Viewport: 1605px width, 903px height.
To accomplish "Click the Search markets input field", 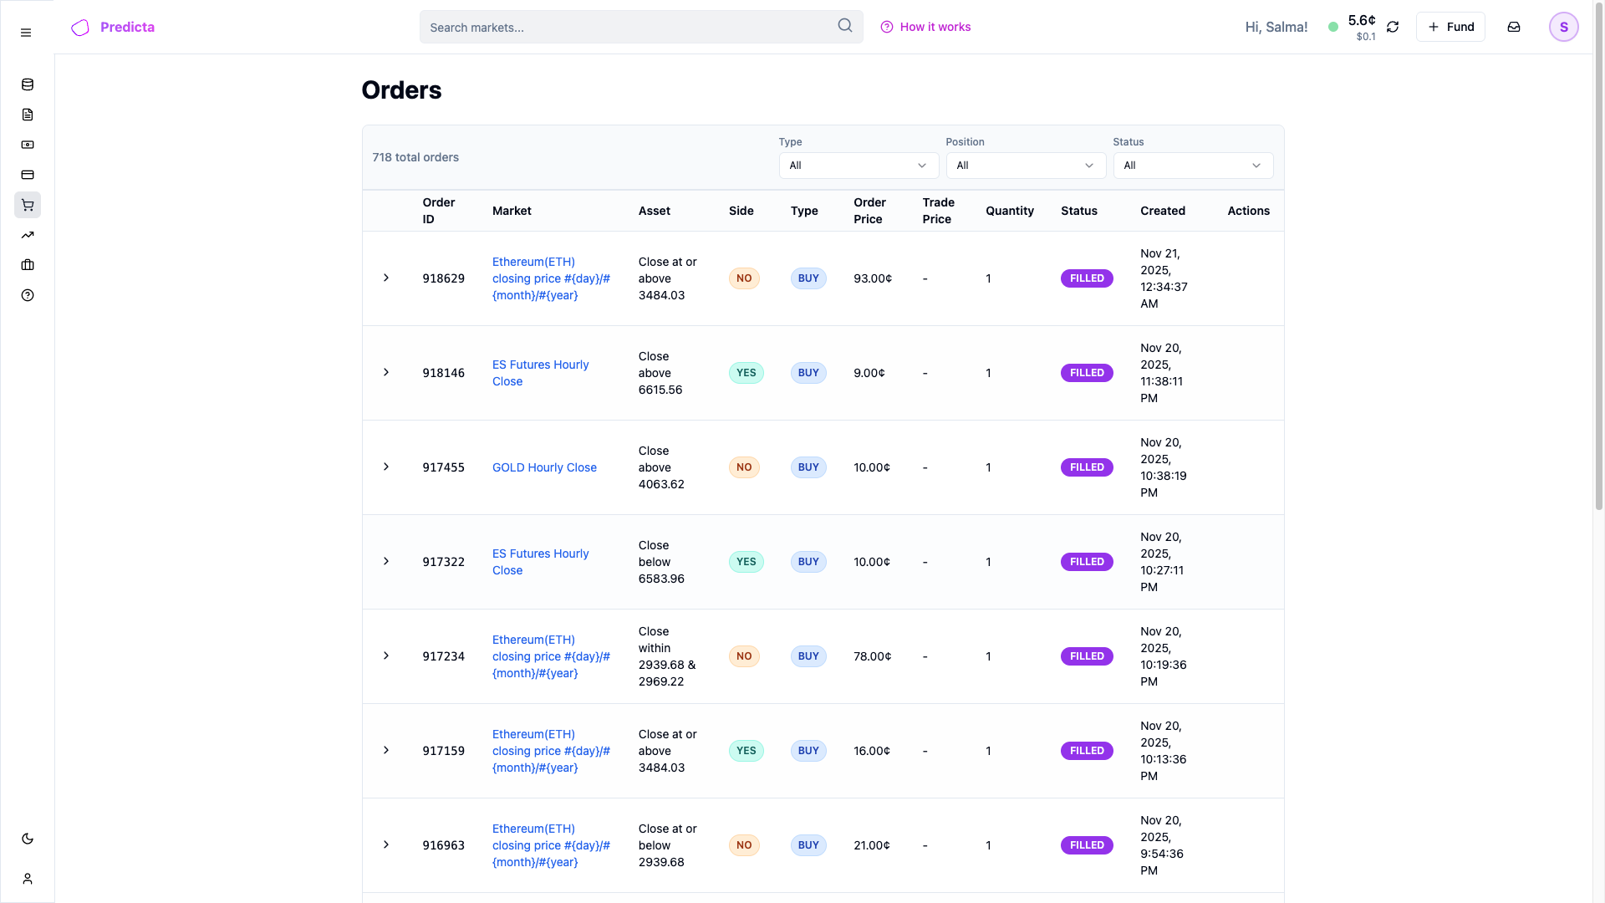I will pos(627,27).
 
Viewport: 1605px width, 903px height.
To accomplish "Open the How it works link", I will pos(925,27).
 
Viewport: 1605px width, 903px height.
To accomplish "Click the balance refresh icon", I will pos(1393,27).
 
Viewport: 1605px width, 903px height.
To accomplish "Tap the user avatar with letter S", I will pos(1563,27).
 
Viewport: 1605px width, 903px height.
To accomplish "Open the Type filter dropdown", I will pos(859,166).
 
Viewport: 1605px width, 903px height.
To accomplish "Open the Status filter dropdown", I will pos(1193,166).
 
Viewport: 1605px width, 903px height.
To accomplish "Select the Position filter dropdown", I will pos(1026,166).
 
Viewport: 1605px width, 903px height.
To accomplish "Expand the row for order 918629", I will pos(386,278).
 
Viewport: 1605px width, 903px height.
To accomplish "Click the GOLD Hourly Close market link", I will pos(544,467).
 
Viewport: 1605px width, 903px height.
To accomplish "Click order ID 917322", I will pos(443,562).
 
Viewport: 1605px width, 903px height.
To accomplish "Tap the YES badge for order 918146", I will pos(746,373).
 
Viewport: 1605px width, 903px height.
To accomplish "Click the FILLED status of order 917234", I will pos(1087,656).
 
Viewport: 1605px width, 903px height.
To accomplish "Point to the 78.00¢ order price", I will pos(872,656).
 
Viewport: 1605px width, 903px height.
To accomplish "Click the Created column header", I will pos(1162,211).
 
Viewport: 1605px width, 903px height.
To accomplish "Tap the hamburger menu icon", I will pos(26,33).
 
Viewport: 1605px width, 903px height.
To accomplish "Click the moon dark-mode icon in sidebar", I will pos(28,839).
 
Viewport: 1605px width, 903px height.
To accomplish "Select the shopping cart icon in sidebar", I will pos(28,205).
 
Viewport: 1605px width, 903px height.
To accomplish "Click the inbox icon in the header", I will pos(1514,27).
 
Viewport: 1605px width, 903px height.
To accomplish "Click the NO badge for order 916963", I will pos(744,845).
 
